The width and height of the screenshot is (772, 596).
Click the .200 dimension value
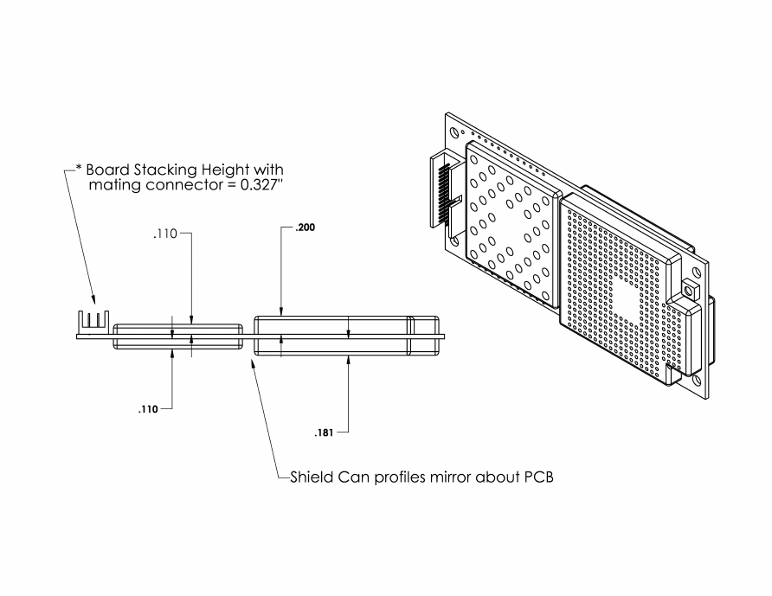point(306,228)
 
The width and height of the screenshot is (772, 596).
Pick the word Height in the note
point(224,170)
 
